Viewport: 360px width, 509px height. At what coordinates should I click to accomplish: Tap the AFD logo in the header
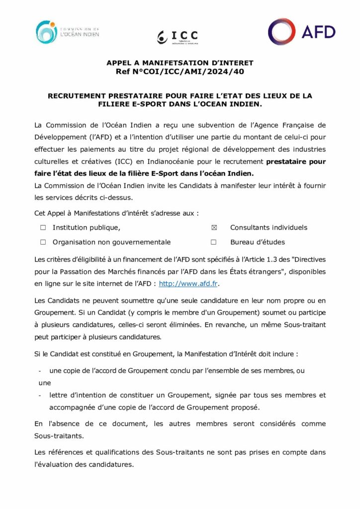[302, 32]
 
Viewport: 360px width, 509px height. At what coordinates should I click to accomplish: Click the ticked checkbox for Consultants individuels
[214, 228]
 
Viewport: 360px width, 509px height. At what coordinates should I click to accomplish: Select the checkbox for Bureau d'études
[214, 243]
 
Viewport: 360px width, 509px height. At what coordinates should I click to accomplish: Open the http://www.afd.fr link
[188, 284]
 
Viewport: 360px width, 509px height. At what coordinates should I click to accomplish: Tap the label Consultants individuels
[269, 228]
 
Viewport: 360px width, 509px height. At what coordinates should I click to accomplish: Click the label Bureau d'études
[257, 243]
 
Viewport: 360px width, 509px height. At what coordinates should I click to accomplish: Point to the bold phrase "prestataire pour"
[296, 162]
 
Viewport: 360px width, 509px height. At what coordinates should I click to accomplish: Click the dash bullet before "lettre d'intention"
[40, 396]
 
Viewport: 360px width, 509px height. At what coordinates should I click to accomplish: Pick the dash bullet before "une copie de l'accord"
[40, 371]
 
